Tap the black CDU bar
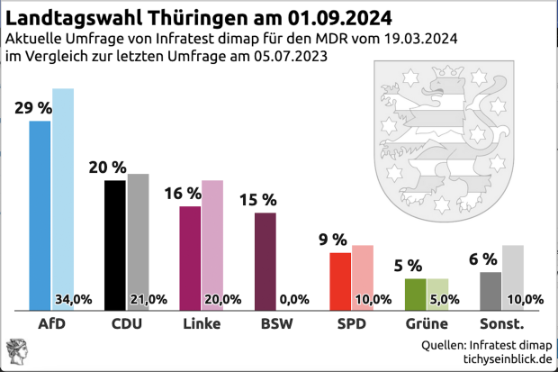[x=115, y=244]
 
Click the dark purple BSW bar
[x=265, y=261]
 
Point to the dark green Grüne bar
[x=415, y=294]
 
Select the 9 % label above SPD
[x=332, y=240]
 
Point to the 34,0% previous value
[x=74, y=299]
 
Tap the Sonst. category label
[x=501, y=323]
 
